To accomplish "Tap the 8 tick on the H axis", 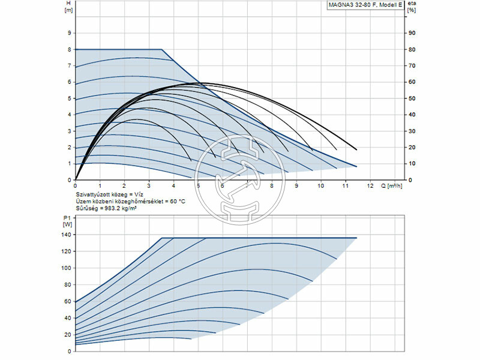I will [70, 49].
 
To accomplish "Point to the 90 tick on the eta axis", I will [411, 33].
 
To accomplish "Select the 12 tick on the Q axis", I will [370, 185].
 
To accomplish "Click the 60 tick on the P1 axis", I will [68, 301].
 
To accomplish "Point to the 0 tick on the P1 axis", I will [70, 351].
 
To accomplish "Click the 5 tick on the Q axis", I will [198, 185].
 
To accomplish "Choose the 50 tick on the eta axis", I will [411, 98].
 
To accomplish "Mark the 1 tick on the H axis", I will [70, 164].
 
